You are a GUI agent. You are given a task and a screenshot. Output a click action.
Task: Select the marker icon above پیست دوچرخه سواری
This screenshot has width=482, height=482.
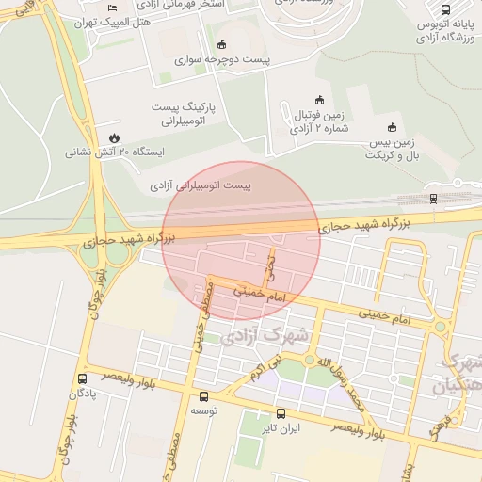tap(221, 44)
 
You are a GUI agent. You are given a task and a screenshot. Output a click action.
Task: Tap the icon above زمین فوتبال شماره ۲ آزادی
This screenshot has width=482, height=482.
tap(319, 101)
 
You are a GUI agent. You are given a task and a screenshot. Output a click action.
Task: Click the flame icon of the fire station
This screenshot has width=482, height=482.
tap(115, 136)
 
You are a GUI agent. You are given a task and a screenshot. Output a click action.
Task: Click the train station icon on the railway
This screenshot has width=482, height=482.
tap(433, 198)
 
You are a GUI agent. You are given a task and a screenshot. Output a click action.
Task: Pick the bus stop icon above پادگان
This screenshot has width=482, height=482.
tap(82, 378)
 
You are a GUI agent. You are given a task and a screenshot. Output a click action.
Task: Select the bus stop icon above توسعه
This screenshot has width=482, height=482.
tap(203, 396)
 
